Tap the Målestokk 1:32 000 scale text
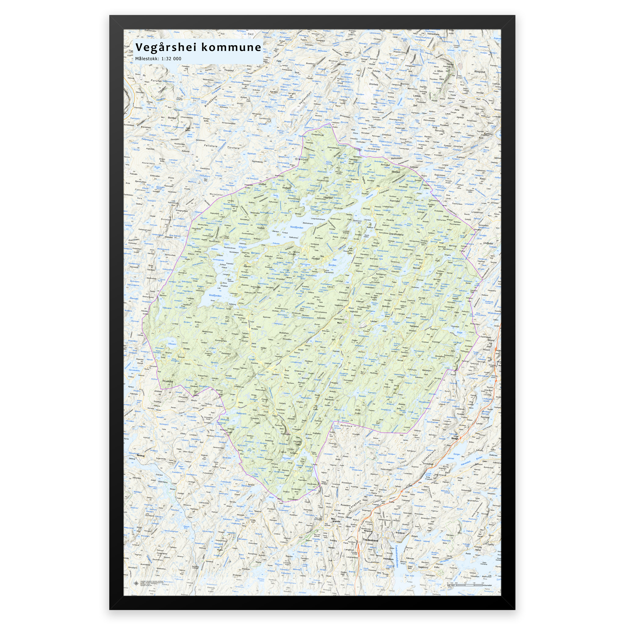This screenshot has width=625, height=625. [x=158, y=59]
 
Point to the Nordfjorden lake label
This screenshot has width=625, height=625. [x=297, y=227]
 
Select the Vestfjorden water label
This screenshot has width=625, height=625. [x=215, y=295]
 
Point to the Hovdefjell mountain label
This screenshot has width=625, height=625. [x=168, y=381]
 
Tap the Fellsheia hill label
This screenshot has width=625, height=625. [x=211, y=146]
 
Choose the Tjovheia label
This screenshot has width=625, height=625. [x=233, y=147]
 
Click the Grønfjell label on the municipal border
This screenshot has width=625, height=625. [x=302, y=159]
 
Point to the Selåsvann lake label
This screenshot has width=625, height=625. [x=241, y=414]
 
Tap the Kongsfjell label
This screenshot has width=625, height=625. [x=479, y=72]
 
